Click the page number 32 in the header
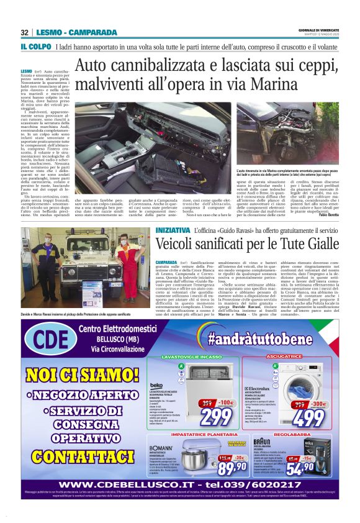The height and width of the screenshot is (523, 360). (24, 32)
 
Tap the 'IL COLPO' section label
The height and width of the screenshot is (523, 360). (35, 47)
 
